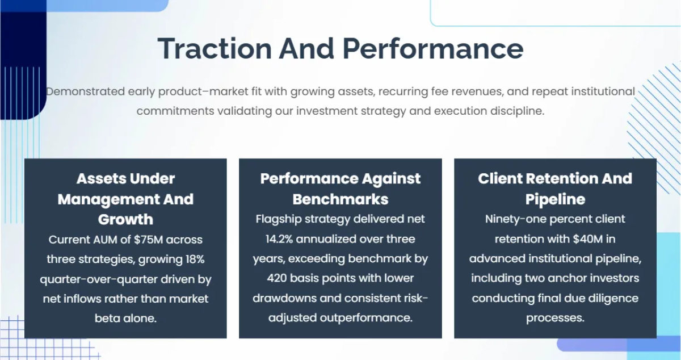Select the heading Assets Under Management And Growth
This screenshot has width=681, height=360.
point(125,199)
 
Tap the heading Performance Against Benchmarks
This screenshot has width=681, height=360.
point(340,189)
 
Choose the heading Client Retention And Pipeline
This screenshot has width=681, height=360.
point(555,189)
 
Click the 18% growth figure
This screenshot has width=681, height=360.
point(191,259)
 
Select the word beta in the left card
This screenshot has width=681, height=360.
point(108,318)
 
